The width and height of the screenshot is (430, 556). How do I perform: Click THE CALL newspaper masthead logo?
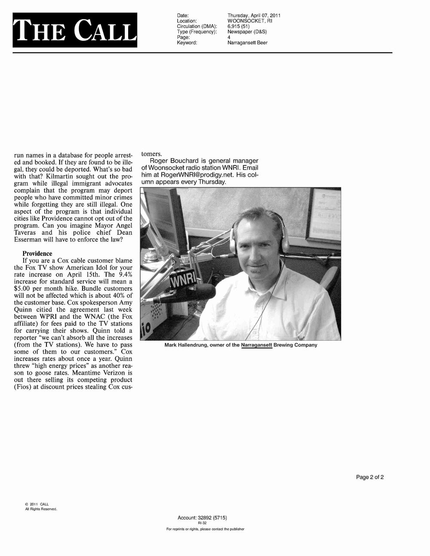pos(75,30)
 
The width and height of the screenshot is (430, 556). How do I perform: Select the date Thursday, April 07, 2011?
pos(254,15)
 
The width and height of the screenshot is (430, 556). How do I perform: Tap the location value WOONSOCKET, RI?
pos(249,21)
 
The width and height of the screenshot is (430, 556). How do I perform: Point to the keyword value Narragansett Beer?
pos(247,43)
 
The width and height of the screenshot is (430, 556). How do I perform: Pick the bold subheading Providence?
pos(37,254)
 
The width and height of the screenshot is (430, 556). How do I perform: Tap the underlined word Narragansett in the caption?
pos(257,345)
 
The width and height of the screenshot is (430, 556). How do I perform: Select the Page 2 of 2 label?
pos(370,477)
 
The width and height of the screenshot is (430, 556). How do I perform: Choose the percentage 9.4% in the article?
pos(124,274)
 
